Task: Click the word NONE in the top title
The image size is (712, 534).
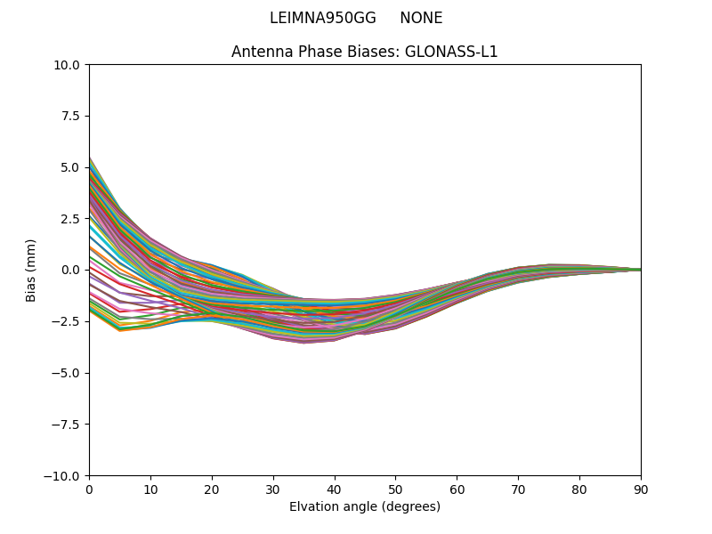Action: (x=421, y=18)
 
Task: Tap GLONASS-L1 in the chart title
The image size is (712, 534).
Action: (x=451, y=52)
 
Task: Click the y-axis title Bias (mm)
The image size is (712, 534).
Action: (x=31, y=270)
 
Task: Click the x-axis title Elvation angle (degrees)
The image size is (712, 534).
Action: (x=365, y=507)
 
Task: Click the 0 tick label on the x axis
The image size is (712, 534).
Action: (x=89, y=489)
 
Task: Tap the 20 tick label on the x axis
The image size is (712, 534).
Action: (x=212, y=489)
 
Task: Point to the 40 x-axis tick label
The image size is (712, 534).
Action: (x=335, y=489)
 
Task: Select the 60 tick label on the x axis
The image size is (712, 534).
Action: (x=457, y=489)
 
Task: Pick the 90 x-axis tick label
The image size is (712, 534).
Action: (x=641, y=489)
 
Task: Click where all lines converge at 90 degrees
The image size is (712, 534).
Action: (x=640, y=270)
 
